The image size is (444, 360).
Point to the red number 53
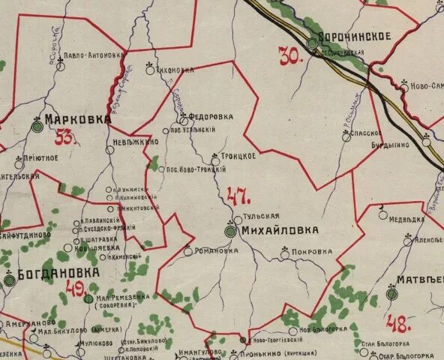67,137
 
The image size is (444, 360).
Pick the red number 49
74,290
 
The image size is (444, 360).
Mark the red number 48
399,324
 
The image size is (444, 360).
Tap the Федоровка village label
210,117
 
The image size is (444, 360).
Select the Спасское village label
362,133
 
